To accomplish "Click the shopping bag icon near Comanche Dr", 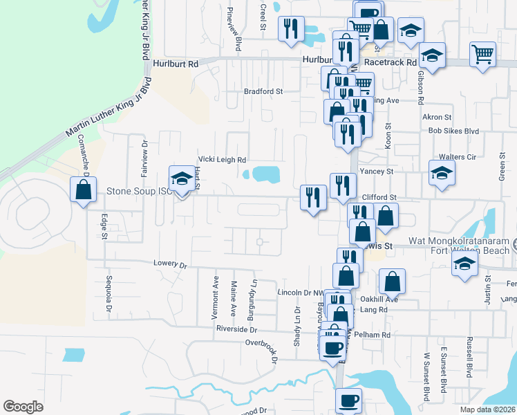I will pyautogui.click(x=83, y=190).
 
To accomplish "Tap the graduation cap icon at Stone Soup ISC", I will pyautogui.click(x=182, y=179).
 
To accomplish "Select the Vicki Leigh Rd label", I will pyautogui.click(x=223, y=160).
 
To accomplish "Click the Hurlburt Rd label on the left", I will pyautogui.click(x=176, y=63).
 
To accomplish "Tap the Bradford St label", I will pyautogui.click(x=263, y=91).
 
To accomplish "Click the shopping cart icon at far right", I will pyautogui.click(x=482, y=55).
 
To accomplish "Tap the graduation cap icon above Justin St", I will pyautogui.click(x=464, y=264).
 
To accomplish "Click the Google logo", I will pyautogui.click(x=23, y=406).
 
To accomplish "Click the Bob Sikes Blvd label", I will pyautogui.click(x=453, y=131).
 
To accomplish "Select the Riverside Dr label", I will pyautogui.click(x=236, y=329).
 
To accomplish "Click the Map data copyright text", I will pyautogui.click(x=488, y=409).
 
